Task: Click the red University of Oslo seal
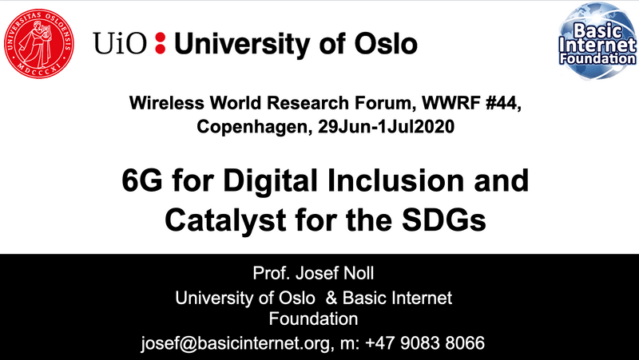click(x=38, y=44)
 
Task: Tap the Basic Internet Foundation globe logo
click(x=597, y=41)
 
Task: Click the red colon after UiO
click(x=161, y=43)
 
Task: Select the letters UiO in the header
click(x=119, y=43)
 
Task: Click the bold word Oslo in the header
click(x=385, y=43)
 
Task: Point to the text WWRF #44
click(x=471, y=104)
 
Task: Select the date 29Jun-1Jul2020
click(x=386, y=127)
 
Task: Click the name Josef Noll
click(x=335, y=273)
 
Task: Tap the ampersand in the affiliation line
click(x=331, y=298)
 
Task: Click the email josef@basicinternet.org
click(x=235, y=343)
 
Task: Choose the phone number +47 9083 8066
click(x=425, y=342)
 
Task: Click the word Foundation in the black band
click(x=313, y=318)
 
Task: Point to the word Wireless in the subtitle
click(x=167, y=104)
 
